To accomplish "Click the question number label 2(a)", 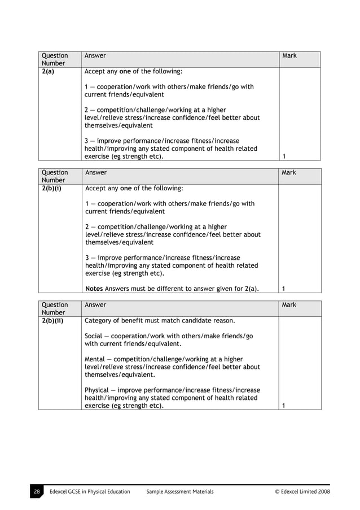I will pos(47,72).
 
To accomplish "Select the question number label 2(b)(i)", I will pos(51,189).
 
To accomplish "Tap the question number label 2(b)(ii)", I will pos(52,321).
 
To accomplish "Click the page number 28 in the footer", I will pos(36,491).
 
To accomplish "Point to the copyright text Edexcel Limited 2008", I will pos(302,491).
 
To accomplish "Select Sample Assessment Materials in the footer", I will pos(179,491).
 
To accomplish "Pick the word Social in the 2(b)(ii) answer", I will pos(94,336).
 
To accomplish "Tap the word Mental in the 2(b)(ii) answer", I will pos(95,359).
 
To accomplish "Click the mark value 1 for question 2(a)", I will pos(283,156).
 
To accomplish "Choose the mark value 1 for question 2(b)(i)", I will pos(283,289).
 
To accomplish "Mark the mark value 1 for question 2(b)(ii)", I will pos(283,406).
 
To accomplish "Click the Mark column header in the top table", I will pos(289,56).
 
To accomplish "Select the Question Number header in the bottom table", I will pos(55,308).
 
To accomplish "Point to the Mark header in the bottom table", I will pos(289,305).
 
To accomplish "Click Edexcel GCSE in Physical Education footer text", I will pos(90,491).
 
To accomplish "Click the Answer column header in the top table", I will pos(95,56).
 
